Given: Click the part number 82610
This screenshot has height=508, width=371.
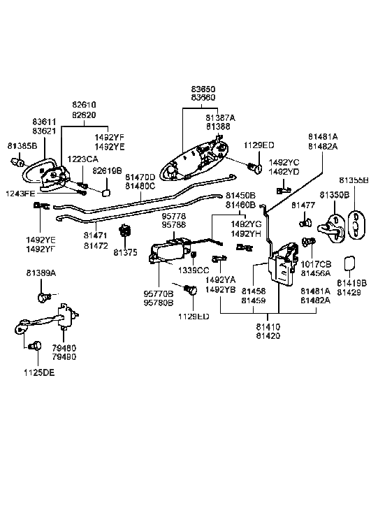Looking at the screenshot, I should [x=83, y=105].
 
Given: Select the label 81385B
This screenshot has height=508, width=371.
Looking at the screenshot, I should [x=22, y=146].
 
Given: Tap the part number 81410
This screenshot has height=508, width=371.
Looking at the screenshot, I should [x=268, y=326].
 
